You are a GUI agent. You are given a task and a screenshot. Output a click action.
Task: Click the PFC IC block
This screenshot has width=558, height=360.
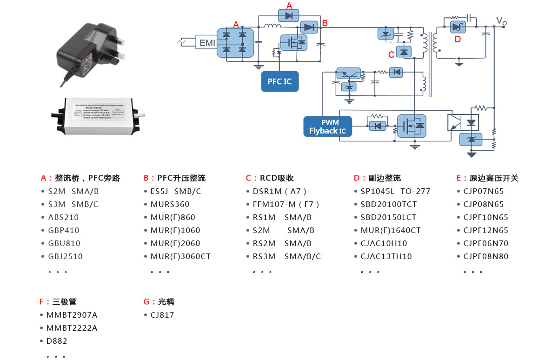click(279, 81)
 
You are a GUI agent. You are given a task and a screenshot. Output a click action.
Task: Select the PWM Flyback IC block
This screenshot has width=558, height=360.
click(327, 127)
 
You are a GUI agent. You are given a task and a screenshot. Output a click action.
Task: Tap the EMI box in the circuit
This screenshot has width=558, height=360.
click(207, 43)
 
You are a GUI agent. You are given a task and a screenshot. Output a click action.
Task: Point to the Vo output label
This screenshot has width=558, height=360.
click(501, 21)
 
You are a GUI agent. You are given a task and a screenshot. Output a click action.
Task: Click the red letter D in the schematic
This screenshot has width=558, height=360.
click(458, 39)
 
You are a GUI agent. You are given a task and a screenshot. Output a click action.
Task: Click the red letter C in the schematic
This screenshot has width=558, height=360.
click(391, 54)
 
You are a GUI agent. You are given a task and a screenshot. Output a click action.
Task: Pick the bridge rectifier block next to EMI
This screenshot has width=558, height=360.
click(235, 42)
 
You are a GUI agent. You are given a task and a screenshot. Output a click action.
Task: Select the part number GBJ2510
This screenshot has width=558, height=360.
click(65, 256)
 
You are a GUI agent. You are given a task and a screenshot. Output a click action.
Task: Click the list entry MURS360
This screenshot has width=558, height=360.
click(170, 204)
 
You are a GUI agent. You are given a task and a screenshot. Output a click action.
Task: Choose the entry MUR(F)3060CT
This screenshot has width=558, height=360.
click(180, 256)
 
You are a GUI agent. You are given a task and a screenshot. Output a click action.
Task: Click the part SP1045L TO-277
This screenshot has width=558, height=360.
click(395, 191)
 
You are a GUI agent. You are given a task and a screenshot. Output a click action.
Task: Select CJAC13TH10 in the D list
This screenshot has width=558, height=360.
click(386, 256)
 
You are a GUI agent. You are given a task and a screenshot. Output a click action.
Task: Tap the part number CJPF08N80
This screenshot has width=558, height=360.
click(486, 256)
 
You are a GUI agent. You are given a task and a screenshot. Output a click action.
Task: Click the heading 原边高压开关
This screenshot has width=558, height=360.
click(494, 178)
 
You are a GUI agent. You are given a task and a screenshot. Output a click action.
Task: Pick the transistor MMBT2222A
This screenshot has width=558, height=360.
click(72, 328)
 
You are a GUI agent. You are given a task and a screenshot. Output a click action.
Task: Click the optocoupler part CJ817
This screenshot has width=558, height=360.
click(162, 315)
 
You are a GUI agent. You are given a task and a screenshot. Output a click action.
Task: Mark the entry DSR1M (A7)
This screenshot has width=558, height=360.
click(279, 191)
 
